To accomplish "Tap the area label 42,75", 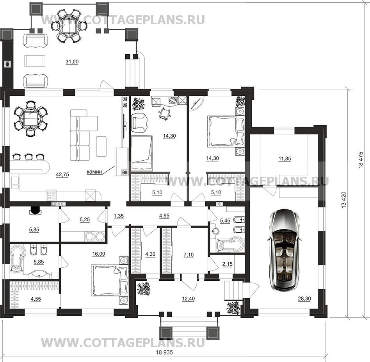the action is point(62,175).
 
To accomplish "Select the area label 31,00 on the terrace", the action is point(72,62).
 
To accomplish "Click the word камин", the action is point(94,172).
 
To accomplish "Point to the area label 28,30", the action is point(304,299).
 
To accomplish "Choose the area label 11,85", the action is point(285,159).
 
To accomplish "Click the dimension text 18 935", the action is point(164,353).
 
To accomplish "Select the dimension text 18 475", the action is point(361,160).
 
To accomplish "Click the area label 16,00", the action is point(99,254).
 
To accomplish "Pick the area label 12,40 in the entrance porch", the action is point(188,299).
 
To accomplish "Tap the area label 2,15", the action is point(228,264).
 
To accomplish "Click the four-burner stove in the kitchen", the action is point(52,195).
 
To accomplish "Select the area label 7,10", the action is point(189,255).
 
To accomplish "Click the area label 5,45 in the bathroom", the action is point(225,221).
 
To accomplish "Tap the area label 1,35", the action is point(119,216).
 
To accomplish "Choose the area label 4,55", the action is point(36,299).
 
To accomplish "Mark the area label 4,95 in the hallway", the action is point(164,216).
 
